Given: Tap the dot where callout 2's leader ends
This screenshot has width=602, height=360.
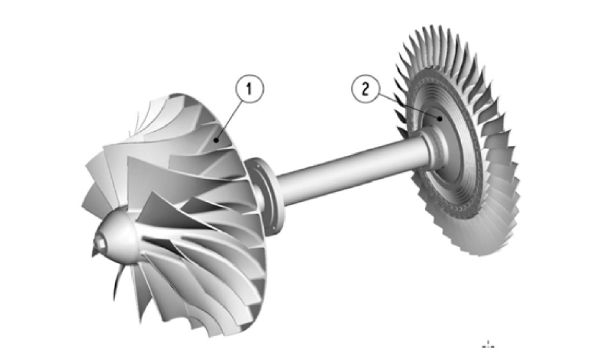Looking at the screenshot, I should pyautogui.click(x=439, y=118).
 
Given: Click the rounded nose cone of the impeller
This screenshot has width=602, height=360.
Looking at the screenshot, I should pyautogui.click(x=120, y=234).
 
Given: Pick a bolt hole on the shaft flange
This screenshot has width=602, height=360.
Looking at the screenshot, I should pyautogui.click(x=256, y=168).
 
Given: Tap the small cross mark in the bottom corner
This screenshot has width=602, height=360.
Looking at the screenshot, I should pyautogui.click(x=491, y=344).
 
